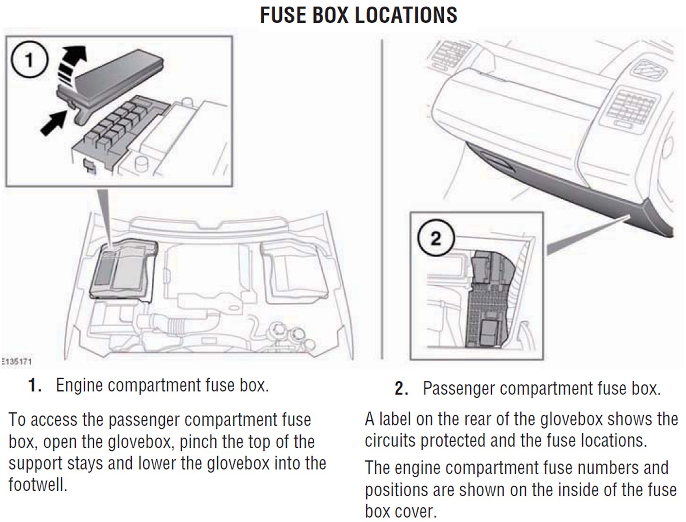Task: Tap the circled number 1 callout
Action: pos(29,60)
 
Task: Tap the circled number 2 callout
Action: pos(436,238)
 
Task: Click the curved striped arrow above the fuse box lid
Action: pos(71,64)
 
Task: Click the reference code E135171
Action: pos(16,361)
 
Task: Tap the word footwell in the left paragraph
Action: pos(38,485)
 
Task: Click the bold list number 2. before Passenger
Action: pos(401,389)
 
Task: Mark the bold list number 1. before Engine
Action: pos(34,385)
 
